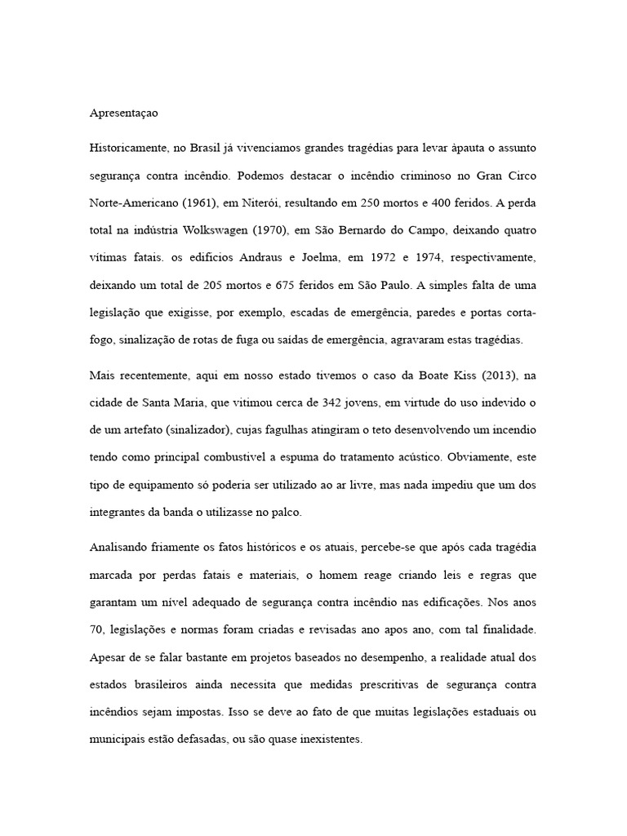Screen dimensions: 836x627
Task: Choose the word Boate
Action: click(441, 376)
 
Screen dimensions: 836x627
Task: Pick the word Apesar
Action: click(108, 657)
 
